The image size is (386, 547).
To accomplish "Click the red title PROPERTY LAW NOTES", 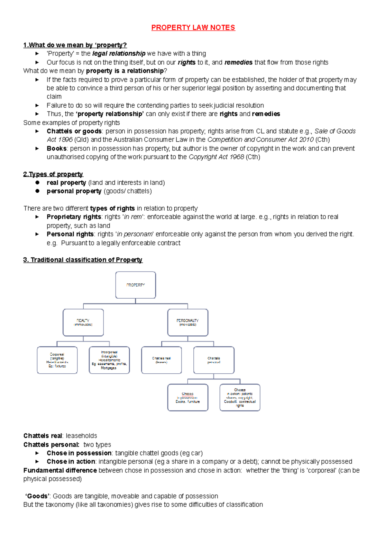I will click(x=193, y=28).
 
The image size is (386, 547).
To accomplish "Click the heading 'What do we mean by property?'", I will click(x=75, y=45).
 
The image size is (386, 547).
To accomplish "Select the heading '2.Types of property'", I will click(x=53, y=174).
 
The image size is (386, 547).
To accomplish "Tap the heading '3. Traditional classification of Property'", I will click(x=83, y=260).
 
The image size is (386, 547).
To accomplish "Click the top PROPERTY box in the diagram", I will click(x=135, y=285).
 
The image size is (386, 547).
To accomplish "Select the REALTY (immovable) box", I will click(x=83, y=322).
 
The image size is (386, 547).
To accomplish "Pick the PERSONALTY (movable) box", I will click(x=188, y=322).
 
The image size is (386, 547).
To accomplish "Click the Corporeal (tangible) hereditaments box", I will click(x=57, y=360).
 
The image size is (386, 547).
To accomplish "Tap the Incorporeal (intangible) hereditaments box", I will click(x=109, y=360).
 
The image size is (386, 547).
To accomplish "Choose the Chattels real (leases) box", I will click(x=161, y=360).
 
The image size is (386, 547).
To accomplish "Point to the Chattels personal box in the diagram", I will click(x=214, y=360).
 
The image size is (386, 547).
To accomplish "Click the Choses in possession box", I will click(x=188, y=398).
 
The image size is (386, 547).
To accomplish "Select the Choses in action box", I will click(x=240, y=398).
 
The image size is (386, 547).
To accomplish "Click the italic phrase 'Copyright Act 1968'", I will click(x=216, y=157).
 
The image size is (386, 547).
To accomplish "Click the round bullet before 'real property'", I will click(x=37, y=183).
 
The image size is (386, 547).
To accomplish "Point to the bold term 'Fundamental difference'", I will click(x=60, y=471).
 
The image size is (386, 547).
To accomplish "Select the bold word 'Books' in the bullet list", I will click(x=57, y=149).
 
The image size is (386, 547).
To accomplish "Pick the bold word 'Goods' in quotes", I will click(x=38, y=496).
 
